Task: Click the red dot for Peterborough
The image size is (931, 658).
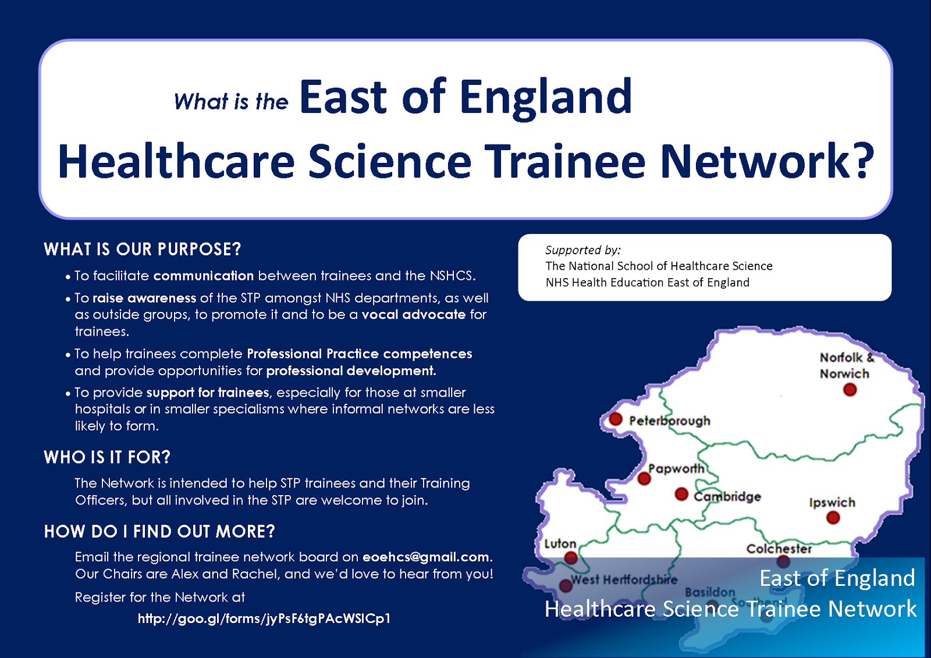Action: point(616,419)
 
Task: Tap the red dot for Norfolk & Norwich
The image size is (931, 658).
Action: point(850,389)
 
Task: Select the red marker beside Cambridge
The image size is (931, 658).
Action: point(681,494)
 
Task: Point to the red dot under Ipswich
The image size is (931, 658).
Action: point(833,517)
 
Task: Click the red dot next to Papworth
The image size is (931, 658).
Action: point(644,478)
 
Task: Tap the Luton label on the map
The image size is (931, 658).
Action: point(560,543)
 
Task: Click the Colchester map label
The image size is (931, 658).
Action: point(779,549)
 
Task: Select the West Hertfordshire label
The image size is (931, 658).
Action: point(624,579)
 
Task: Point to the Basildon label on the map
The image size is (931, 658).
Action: point(710,592)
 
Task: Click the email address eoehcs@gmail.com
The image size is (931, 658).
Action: point(425,557)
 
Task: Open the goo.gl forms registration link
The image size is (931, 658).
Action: point(264,618)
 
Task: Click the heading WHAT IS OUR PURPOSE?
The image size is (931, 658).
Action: point(142,250)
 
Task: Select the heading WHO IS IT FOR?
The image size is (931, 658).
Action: point(107,457)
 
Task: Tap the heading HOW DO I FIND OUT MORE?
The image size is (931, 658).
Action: point(159,531)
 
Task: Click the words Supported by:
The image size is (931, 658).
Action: point(582,250)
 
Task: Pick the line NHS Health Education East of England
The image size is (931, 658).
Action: point(647,283)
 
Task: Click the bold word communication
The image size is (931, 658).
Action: point(204,276)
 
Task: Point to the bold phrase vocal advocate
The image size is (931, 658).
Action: point(413,315)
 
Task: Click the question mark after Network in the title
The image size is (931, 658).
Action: point(865,161)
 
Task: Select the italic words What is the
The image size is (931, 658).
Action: point(231,102)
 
